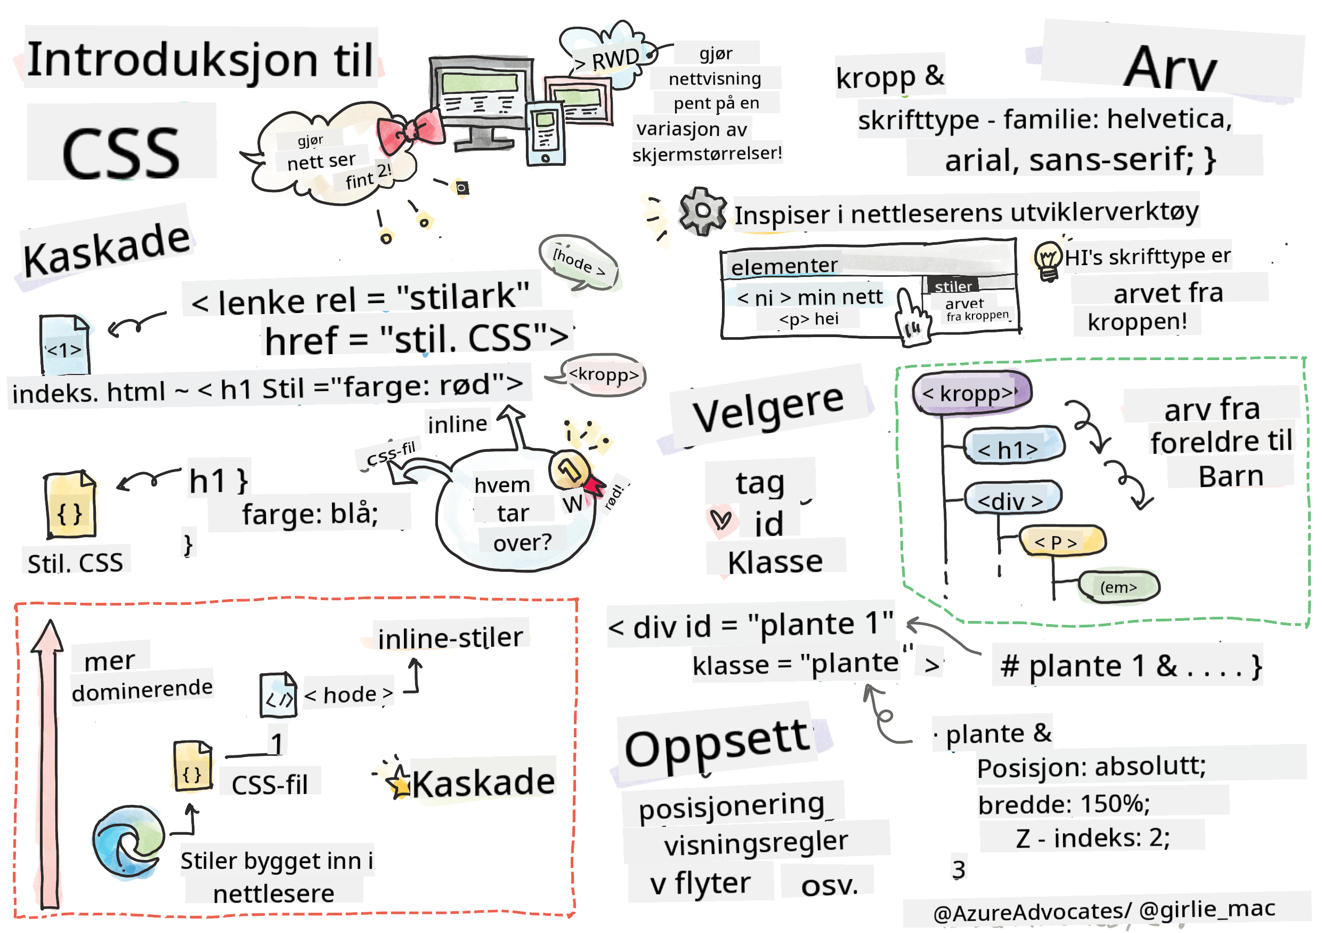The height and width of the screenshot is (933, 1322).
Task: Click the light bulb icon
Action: (1048, 260)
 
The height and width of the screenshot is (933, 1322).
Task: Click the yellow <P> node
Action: (1063, 541)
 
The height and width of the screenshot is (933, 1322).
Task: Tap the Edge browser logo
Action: (128, 842)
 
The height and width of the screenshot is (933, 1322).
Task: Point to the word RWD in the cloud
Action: (614, 58)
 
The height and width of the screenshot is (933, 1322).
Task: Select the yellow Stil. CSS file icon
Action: (70, 505)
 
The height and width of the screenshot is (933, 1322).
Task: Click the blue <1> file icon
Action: (64, 346)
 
